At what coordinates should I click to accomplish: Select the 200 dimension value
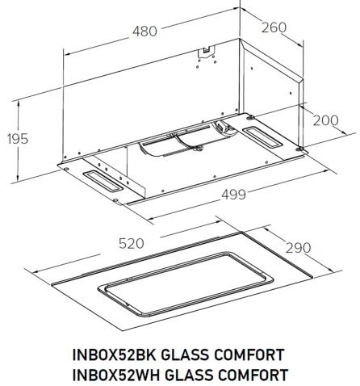point(325,120)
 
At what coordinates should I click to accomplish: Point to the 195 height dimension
point(17,138)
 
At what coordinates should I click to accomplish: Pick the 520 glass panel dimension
point(129,243)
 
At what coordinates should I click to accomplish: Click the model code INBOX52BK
point(116,356)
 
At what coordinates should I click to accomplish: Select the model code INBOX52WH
point(116,374)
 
